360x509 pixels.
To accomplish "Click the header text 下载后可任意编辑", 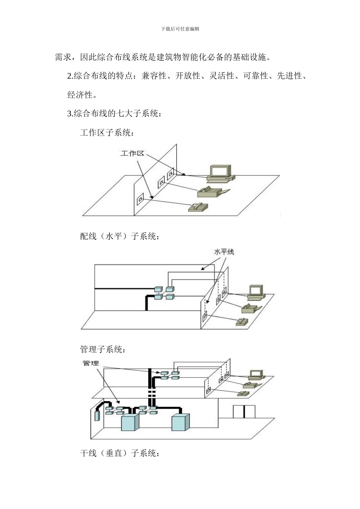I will coord(180,29).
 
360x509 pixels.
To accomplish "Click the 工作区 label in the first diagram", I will coord(132,153).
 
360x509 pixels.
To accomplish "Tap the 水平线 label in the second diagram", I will coord(224,252).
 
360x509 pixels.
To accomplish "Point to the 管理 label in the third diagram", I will coord(91,363).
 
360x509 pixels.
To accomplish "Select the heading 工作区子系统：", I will coord(107,133).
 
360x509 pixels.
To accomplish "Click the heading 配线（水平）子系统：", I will coord(120,237).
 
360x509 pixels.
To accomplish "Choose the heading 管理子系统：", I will coord(103,349).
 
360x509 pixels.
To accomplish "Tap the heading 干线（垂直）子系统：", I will coord(120,453).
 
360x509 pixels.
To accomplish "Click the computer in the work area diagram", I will coord(221,173).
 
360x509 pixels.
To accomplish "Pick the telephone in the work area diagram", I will coord(198,207).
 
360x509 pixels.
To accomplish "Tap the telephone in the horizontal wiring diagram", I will coord(242,322).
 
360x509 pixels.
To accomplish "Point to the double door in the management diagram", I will coord(244,412).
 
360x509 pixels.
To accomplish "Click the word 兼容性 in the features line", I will coord(154,76).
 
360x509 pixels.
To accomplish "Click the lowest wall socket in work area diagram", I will coord(141,199).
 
